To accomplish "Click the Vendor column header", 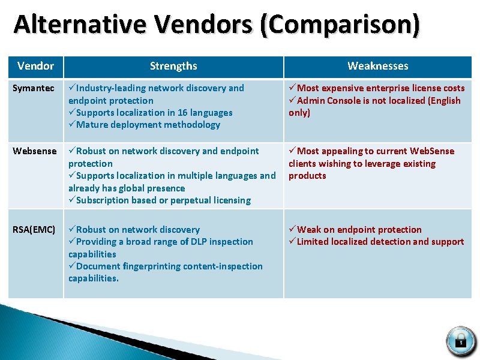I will click(35, 66).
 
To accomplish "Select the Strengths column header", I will click(173, 66).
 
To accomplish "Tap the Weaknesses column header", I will click(378, 66).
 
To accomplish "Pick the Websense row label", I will click(35, 151).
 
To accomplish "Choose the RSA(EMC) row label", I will click(34, 230).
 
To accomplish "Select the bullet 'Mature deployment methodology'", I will click(148, 125).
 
